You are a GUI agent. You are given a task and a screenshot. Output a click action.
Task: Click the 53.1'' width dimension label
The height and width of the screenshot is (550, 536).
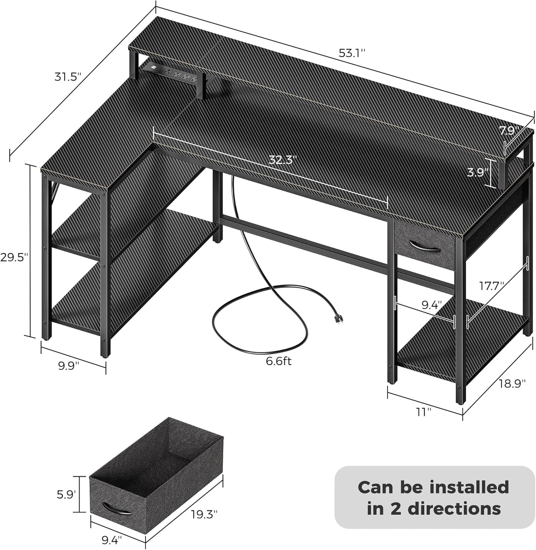click(352, 53)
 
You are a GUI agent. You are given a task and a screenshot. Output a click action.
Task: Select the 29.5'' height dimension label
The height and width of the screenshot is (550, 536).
click(14, 258)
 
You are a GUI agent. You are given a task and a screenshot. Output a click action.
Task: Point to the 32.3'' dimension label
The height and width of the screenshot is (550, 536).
click(283, 160)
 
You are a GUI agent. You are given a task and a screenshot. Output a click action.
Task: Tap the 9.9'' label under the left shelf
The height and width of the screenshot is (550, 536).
click(69, 366)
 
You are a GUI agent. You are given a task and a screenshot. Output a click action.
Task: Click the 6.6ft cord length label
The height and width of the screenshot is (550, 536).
click(279, 361)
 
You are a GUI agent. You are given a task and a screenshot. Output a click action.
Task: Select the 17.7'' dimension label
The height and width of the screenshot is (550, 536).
click(491, 286)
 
